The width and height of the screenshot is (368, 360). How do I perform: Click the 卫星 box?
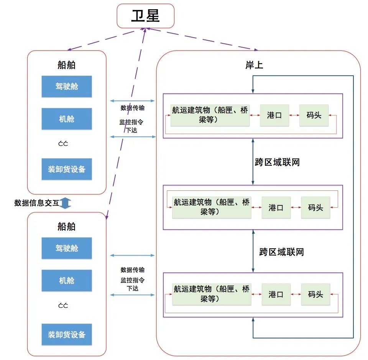(x=145, y=16)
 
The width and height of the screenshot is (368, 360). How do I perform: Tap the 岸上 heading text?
(x=254, y=64)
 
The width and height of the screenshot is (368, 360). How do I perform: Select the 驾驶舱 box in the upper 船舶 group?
(x=67, y=86)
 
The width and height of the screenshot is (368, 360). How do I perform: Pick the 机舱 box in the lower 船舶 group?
(x=67, y=281)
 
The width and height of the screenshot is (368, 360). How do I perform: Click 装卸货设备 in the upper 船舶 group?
(x=67, y=169)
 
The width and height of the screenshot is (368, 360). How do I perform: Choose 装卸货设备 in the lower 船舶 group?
(x=67, y=335)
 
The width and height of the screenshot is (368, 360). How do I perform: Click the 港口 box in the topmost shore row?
(x=274, y=115)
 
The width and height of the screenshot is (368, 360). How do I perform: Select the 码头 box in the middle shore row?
(x=315, y=208)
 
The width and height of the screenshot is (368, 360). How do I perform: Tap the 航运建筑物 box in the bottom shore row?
(x=212, y=294)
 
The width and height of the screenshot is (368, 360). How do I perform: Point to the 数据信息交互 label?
(x=37, y=203)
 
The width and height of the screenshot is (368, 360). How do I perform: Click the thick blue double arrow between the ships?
(x=65, y=203)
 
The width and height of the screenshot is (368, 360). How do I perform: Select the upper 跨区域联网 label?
(x=277, y=162)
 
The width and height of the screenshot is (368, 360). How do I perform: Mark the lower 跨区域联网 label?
(x=281, y=252)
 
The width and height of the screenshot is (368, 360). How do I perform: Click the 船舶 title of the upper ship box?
(x=66, y=64)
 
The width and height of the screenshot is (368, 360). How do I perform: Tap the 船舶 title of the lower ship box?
(x=66, y=226)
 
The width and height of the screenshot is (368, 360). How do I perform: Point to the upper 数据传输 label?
(x=133, y=108)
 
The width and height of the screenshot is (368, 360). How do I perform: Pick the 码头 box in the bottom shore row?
(x=315, y=294)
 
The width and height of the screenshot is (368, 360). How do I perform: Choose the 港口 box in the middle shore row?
(x=276, y=208)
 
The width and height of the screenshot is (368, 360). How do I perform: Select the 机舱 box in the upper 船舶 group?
(x=67, y=119)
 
